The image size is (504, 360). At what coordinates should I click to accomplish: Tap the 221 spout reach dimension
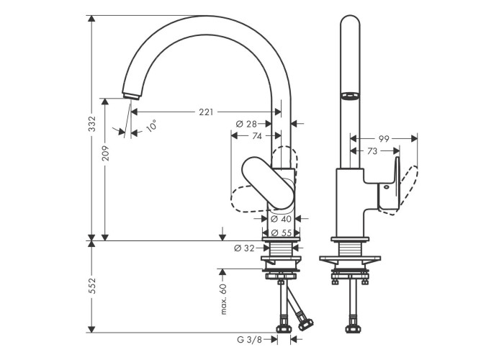206,112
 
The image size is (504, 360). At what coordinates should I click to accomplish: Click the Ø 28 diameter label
246,124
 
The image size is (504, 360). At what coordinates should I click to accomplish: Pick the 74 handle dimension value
257,135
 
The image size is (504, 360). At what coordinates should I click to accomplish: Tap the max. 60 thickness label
223,298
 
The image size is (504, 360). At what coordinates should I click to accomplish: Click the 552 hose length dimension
91,287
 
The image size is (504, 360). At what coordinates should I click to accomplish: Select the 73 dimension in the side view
372,151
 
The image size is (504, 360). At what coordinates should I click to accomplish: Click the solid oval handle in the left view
268,183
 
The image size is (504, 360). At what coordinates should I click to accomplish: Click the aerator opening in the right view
350,96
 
